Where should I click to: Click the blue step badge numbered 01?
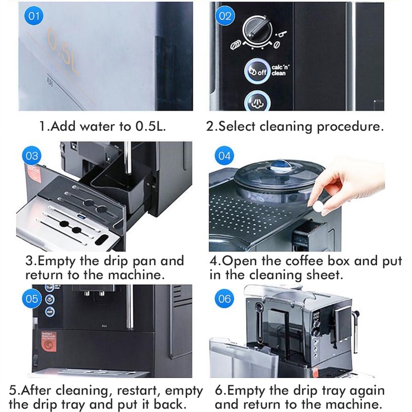[34, 16]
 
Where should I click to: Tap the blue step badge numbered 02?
[225, 16]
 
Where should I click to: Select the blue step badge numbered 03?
[32, 156]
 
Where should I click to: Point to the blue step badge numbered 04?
[225, 156]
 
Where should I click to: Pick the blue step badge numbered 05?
[32, 298]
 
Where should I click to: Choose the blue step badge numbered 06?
[225, 298]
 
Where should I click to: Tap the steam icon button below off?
[256, 101]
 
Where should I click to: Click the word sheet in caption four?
[325, 275]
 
